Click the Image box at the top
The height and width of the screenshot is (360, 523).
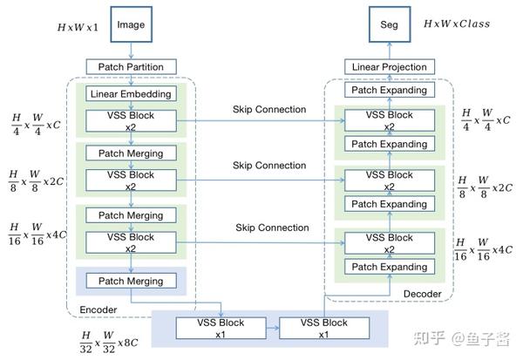pos(131,25)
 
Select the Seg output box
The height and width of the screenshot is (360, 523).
pos(389,25)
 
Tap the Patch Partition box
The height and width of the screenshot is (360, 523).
pos(131,66)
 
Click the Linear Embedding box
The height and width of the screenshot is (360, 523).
pos(131,93)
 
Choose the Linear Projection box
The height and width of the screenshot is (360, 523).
pos(389,67)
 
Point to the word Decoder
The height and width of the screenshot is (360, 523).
pos(422,294)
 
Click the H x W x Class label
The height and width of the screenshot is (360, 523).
pos(455,24)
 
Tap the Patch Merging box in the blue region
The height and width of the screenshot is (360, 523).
pos(131,281)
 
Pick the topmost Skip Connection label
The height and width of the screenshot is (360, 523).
pos(269,109)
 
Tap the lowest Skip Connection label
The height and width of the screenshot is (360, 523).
pos(271,228)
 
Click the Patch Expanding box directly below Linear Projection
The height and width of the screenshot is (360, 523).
pos(389,90)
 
